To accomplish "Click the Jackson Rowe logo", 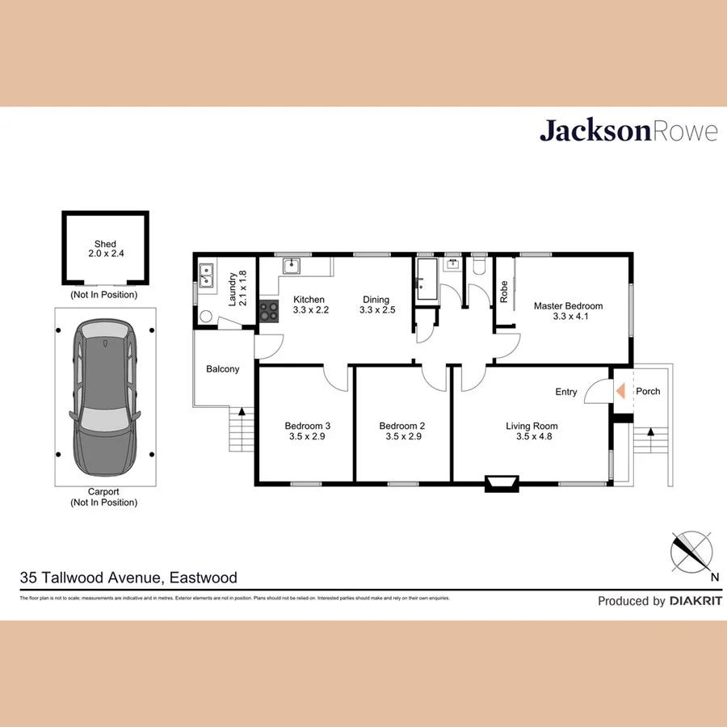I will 628,131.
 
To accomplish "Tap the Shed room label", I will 105,244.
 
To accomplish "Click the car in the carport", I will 105,397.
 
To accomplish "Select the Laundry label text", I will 233,288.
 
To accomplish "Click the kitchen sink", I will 292,266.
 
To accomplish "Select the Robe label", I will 504,291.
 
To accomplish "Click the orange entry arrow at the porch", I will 620,391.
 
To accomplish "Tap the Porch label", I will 648,391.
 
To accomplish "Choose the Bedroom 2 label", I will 401,426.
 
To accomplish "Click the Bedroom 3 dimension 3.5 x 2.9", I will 307,437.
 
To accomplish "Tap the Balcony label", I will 223,369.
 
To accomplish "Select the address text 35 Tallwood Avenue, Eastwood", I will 128,578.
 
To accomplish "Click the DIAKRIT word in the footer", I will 695,601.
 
